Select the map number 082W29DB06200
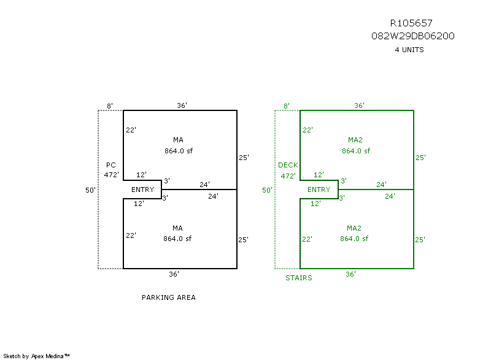412,36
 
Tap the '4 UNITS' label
409,50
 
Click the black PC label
110,165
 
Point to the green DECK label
287,165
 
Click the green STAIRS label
298,278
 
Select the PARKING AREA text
169,297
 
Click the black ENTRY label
142,190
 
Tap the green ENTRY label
319,190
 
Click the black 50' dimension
90,190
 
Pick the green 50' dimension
267,190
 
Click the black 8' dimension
109,106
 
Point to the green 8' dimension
286,106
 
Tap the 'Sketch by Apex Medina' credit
37,356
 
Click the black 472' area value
110,175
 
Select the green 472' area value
287,175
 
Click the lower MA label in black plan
178,228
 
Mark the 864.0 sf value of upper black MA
178,150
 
